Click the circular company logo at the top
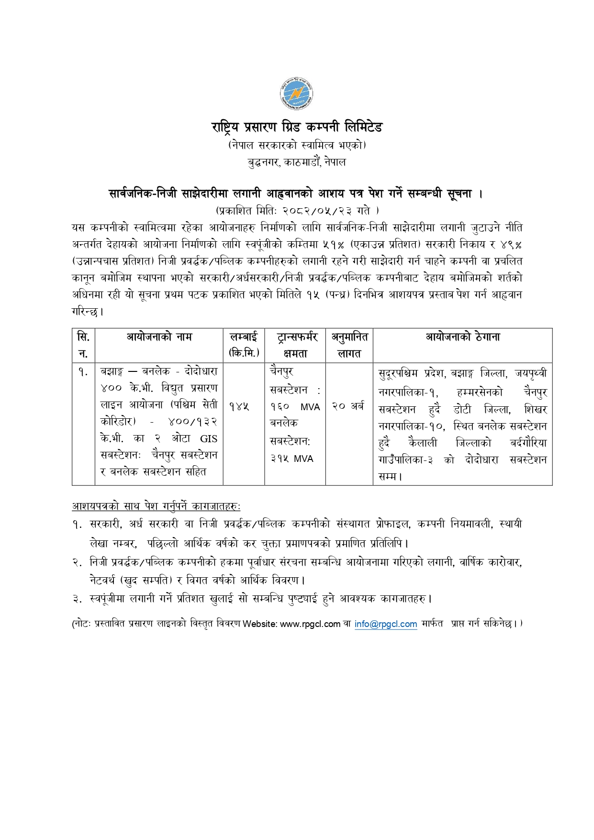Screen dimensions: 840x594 pos(297,95)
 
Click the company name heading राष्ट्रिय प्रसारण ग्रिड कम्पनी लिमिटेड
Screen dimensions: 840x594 pos(297,127)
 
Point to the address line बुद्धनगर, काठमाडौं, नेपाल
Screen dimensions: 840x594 pos(297,162)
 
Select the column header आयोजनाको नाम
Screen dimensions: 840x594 pos(159,337)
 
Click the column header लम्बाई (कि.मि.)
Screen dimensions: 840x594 pos(244,345)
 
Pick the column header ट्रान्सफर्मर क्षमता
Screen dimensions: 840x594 pos(295,345)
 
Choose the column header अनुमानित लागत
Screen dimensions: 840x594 pos(349,345)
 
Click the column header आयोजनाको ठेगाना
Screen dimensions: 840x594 pos(462,337)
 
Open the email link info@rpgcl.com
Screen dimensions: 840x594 pos(386,624)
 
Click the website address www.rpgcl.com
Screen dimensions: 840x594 pos(310,624)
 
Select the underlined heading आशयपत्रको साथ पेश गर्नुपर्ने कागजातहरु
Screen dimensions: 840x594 pos(156,506)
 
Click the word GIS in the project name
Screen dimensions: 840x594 pos(209,438)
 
